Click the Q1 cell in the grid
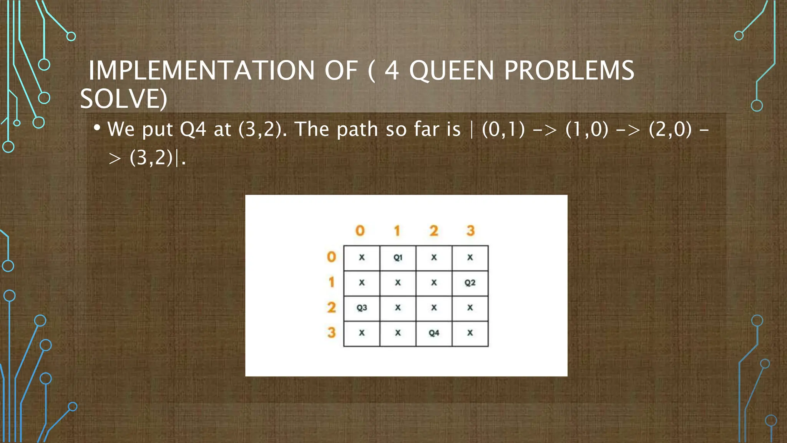[398, 258]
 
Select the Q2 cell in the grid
[470, 283]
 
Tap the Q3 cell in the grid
[362, 308]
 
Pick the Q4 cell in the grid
[434, 333]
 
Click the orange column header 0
[360, 231]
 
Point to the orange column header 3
[470, 231]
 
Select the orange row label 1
[331, 282]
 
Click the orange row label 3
[331, 333]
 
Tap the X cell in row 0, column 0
[362, 258]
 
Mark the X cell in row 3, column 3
[470, 333]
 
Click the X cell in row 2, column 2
[434, 308]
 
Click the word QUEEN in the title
[451, 71]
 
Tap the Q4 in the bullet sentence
[193, 130]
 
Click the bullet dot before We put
[97, 127]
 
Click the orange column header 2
[433, 231]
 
